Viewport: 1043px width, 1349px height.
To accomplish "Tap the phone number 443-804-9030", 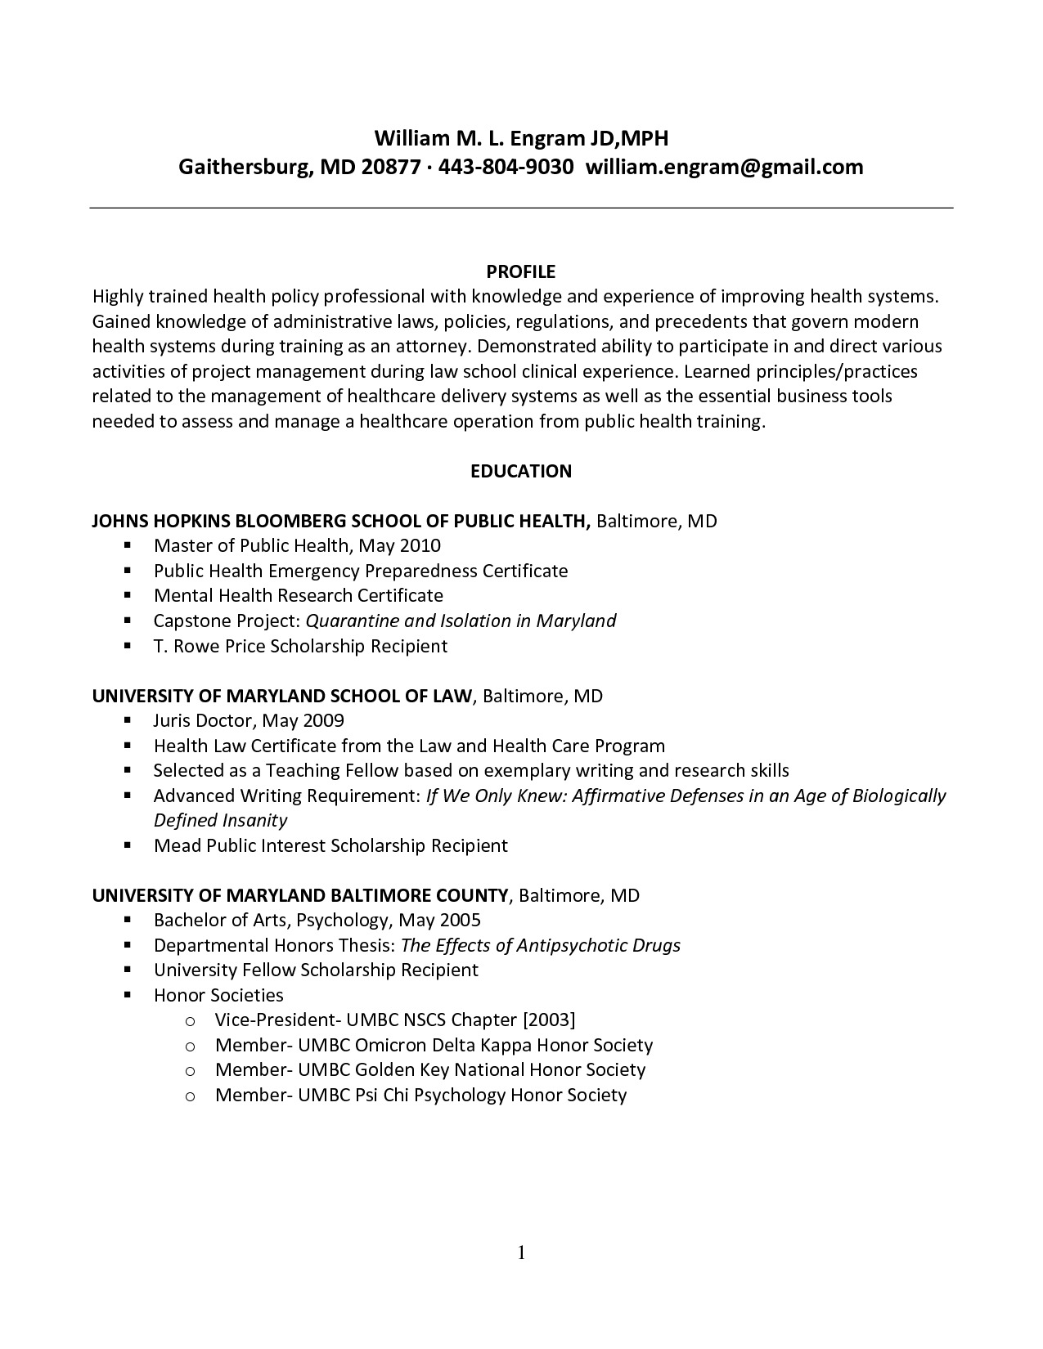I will point(506,168).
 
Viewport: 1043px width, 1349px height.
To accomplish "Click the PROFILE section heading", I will point(521,271).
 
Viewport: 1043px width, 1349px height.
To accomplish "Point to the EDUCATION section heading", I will point(521,471).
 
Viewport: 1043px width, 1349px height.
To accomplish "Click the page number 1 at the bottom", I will point(521,1253).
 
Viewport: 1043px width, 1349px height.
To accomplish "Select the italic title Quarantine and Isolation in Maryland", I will point(461,621).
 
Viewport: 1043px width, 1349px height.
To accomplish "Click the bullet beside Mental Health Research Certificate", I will point(128,595).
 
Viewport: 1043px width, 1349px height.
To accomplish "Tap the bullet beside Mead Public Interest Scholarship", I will point(128,845).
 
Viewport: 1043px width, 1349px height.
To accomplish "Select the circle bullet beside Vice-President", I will point(190,1020).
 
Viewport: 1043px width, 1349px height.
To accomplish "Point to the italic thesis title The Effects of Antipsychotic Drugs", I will point(541,945).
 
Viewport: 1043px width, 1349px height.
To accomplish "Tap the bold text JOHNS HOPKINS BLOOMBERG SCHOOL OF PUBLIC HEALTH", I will point(341,521).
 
